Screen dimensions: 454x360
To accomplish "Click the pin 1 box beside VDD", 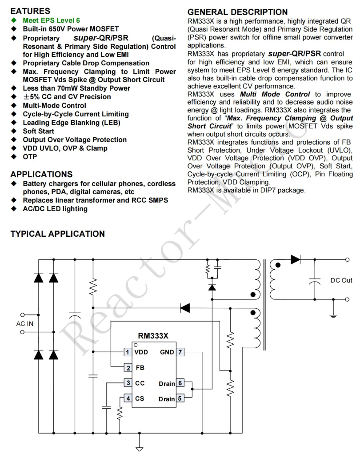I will [x=128, y=352].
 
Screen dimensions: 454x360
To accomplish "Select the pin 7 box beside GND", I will [x=180, y=352].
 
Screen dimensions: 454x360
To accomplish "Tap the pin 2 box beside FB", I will [x=128, y=368].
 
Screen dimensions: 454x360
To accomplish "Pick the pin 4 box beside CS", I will [x=128, y=398].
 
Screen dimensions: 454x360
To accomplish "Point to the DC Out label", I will [x=341, y=280].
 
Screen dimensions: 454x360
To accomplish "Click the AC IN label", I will [x=25, y=323].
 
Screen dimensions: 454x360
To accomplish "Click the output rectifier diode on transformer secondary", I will [x=296, y=259].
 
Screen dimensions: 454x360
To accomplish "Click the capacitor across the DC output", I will [x=315, y=280].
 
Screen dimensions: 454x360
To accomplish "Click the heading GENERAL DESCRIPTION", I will [x=237, y=12].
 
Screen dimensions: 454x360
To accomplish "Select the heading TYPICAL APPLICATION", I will [x=57, y=234].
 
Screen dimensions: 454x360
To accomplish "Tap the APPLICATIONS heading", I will [x=41, y=174].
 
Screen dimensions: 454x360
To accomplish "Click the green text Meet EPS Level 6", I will [x=51, y=20].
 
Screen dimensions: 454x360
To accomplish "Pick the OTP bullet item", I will [x=30, y=156].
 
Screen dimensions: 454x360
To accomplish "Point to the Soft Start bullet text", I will [x=39, y=131].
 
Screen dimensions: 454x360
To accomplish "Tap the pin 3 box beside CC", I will [x=128, y=383].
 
